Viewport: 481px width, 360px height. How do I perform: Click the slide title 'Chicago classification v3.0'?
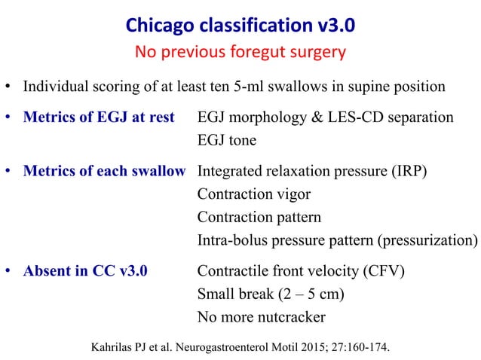[240, 26]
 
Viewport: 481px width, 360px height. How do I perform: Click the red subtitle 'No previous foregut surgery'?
[240, 53]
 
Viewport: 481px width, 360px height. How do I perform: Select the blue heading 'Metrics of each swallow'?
[104, 171]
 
